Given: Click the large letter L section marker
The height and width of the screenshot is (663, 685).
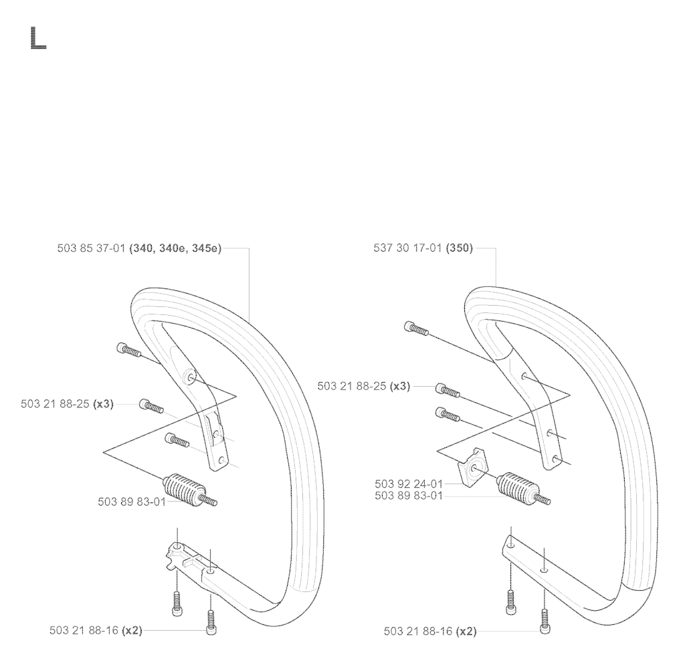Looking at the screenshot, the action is pyautogui.click(x=38, y=38).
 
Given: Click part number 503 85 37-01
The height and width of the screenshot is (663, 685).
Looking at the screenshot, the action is pyautogui.click(x=91, y=249).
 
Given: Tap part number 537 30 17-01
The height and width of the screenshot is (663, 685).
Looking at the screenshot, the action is pyautogui.click(x=407, y=248).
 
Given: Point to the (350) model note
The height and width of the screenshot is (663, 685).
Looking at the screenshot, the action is pyautogui.click(x=459, y=248).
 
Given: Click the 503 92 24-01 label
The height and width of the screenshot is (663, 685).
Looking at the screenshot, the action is pyautogui.click(x=409, y=484).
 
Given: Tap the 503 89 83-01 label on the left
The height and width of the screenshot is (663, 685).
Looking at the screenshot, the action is pyautogui.click(x=132, y=502).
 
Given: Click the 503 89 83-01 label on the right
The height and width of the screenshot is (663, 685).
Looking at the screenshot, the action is pyautogui.click(x=409, y=496).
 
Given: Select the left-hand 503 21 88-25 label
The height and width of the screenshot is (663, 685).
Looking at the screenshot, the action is pyautogui.click(x=55, y=404).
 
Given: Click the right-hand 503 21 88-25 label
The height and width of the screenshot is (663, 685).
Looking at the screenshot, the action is pyautogui.click(x=352, y=386).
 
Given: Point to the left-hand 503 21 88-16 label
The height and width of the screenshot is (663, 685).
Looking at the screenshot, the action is pyautogui.click(x=84, y=631).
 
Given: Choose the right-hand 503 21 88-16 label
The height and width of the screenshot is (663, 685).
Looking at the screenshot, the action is pyautogui.click(x=419, y=632).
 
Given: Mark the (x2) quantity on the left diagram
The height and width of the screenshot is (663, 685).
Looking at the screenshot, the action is pyautogui.click(x=132, y=631).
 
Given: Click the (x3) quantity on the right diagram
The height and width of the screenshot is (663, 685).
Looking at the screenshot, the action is pyautogui.click(x=400, y=386).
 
